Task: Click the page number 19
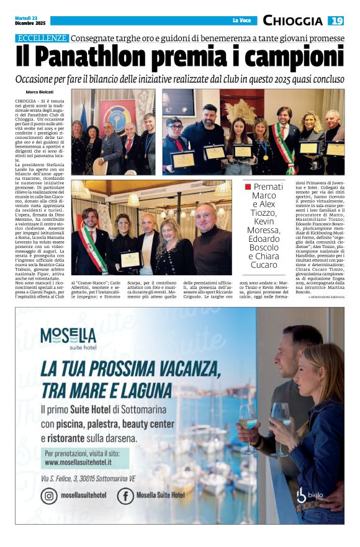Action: pyautogui.click(x=336, y=20)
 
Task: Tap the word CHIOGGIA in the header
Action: pyautogui.click(x=292, y=20)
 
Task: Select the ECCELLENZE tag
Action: pyautogui.click(x=42, y=38)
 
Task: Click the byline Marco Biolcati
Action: pyautogui.click(x=40, y=92)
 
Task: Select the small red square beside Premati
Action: pyautogui.click(x=248, y=187)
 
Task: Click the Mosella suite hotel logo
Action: pyautogui.click(x=68, y=338)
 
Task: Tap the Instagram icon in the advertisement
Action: pyautogui.click(x=49, y=496)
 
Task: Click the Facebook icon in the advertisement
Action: pyautogui.click(x=125, y=496)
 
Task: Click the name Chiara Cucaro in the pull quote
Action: pyautogui.click(x=264, y=260)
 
